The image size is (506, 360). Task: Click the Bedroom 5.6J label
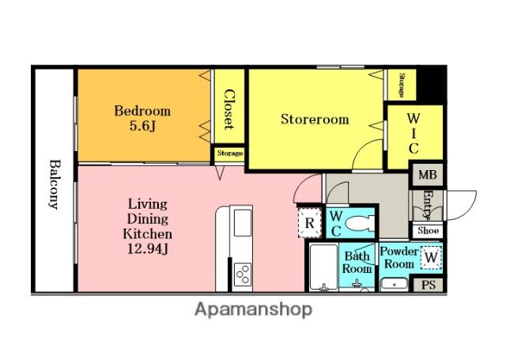tap(142, 118)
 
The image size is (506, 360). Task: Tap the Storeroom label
tap(315, 119)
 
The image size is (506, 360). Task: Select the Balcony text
tap(55, 184)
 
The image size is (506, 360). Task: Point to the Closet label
tap(228, 109)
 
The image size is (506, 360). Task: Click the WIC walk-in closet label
tap(413, 134)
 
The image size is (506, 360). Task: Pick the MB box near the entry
tap(428, 175)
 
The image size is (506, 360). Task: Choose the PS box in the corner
tap(429, 285)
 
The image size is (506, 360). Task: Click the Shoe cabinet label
tap(428, 230)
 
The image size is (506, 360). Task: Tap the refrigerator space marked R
tap(309, 223)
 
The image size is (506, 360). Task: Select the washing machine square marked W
tap(431, 258)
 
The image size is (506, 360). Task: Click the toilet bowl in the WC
tap(360, 223)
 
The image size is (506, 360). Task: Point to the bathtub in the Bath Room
tap(323, 267)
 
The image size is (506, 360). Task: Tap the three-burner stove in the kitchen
tap(243, 274)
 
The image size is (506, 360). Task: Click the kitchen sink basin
tap(243, 223)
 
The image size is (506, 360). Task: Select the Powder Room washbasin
tap(395, 285)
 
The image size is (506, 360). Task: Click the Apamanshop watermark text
tap(253, 309)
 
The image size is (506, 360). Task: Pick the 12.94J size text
tap(148, 248)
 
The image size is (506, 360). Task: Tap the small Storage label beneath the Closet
tap(230, 153)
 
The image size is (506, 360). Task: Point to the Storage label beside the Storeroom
tap(402, 85)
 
